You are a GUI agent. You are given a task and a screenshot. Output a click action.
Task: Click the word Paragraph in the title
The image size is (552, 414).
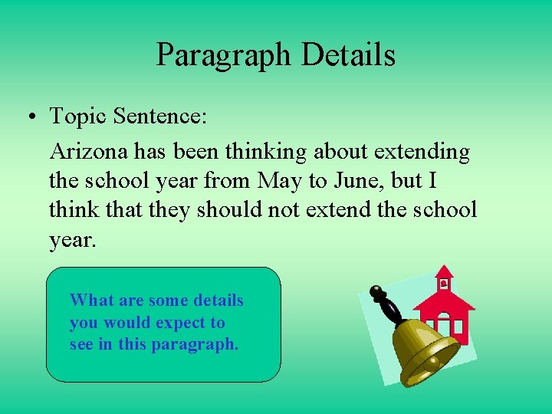224,55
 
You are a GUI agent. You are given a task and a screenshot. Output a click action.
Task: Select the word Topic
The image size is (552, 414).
78,117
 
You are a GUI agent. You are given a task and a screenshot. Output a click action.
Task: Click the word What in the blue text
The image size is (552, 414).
88,301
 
